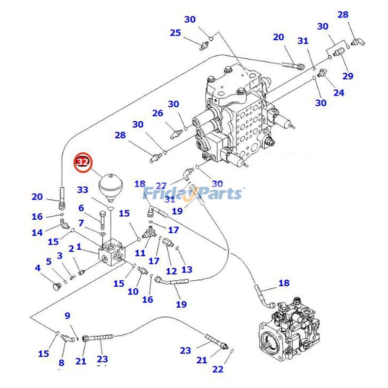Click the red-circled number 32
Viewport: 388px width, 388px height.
(x=83, y=162)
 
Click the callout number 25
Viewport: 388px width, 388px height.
(x=175, y=33)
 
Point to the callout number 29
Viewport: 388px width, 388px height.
(x=348, y=76)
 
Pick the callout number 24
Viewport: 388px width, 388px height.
(x=339, y=92)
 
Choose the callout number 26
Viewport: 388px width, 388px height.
(x=158, y=113)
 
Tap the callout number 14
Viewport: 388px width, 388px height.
(x=37, y=233)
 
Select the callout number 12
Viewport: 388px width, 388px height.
(x=171, y=271)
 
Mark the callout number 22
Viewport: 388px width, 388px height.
(x=218, y=369)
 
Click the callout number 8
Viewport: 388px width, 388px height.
(x=61, y=362)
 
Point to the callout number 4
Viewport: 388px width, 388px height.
(x=37, y=268)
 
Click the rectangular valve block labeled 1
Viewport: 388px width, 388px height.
(x=112, y=253)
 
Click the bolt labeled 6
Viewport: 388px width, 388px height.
(x=103, y=220)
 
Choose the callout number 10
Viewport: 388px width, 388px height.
(x=132, y=291)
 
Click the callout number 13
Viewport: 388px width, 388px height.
(x=187, y=269)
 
